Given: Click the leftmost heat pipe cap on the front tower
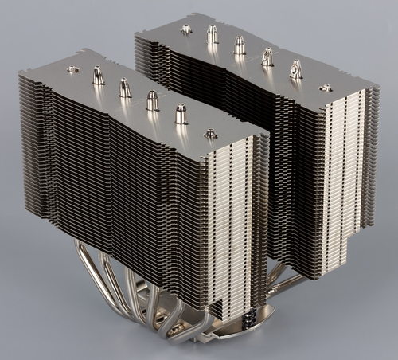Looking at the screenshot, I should click(72, 69).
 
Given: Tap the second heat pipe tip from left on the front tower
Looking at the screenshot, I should click(98, 76).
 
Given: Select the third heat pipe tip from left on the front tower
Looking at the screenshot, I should click(125, 88).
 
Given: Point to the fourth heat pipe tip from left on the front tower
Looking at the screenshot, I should click(152, 100).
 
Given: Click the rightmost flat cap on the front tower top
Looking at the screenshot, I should click(210, 133).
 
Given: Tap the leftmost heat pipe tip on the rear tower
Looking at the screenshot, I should click(186, 29).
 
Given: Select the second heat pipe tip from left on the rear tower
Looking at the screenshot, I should click(213, 34).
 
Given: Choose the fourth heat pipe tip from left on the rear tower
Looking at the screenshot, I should click(267, 57).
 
